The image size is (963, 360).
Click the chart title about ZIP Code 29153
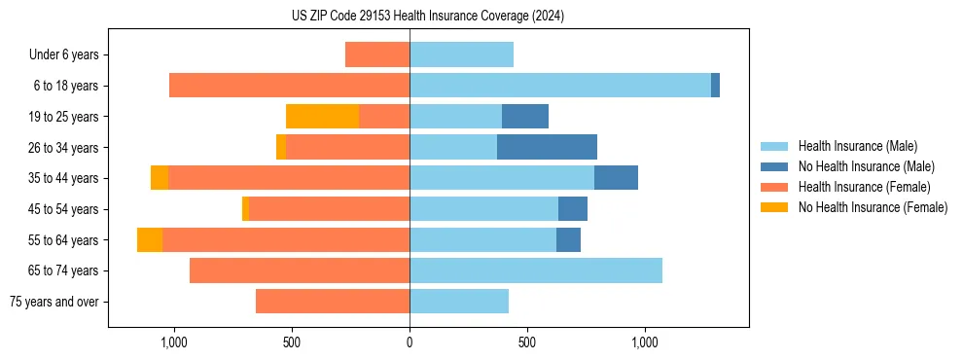(428, 16)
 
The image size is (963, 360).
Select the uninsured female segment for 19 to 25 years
(322, 117)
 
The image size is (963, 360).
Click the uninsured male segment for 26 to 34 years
(547, 147)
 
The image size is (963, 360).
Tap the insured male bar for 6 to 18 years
(559, 86)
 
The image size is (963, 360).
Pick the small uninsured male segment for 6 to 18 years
(715, 86)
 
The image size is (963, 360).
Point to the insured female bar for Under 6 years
(377, 55)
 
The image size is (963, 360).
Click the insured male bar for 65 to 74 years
(536, 270)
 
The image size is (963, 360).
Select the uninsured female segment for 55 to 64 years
(150, 239)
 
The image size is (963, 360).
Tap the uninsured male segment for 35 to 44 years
(616, 178)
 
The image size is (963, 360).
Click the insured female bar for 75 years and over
(333, 302)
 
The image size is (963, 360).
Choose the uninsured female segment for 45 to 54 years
(245, 209)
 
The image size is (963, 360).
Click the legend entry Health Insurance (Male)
(857, 146)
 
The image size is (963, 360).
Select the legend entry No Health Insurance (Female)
(873, 207)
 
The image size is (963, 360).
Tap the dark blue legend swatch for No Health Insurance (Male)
(775, 166)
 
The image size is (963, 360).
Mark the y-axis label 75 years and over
(54, 302)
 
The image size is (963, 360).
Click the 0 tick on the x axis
(410, 342)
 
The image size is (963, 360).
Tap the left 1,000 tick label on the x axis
(173, 342)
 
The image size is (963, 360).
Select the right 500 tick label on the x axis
(527, 342)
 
